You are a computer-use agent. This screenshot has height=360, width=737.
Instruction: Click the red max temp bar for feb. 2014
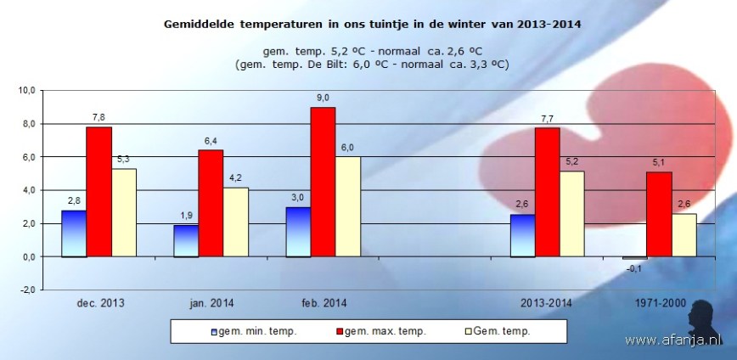[x=323, y=182]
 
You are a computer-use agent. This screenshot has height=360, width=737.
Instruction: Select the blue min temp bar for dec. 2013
[x=74, y=233]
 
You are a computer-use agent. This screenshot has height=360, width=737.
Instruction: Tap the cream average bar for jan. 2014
[x=236, y=222]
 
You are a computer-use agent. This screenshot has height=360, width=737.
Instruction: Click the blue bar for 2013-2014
[x=522, y=235]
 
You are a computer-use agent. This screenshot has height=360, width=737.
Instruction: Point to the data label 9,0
[x=323, y=97]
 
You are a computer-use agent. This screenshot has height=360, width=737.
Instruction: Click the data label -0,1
[x=634, y=269]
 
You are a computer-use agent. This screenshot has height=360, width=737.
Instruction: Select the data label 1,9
[x=186, y=215]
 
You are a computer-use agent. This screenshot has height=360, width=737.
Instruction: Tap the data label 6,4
[x=211, y=140]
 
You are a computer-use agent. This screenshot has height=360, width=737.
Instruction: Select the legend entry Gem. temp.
[x=500, y=331]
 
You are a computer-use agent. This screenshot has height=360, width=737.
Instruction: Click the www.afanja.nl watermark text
[x=672, y=340]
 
